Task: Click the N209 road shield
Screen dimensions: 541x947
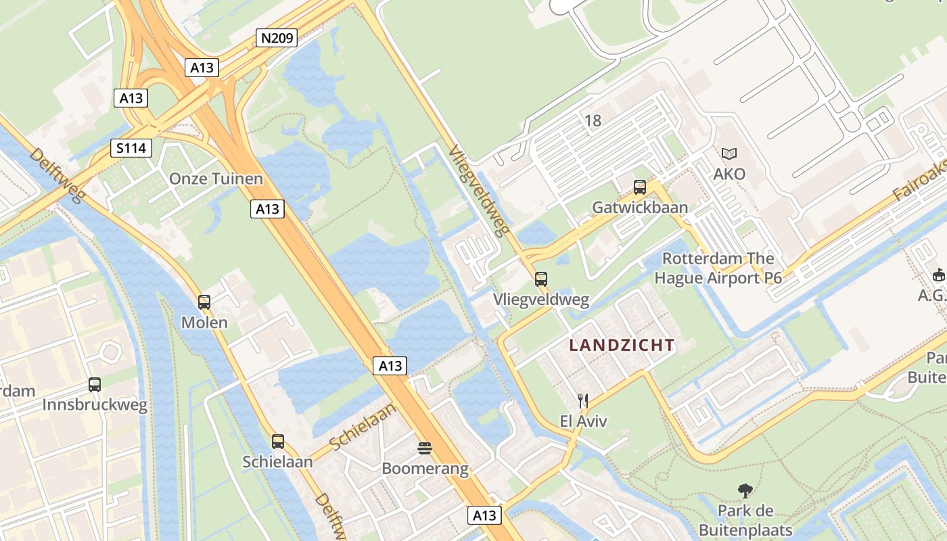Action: point(277,38)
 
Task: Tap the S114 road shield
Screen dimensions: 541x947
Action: point(131,148)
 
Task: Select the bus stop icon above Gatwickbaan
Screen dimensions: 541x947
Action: point(640,187)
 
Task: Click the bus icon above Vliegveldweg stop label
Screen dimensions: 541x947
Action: point(540,279)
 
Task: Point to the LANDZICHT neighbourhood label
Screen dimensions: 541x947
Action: point(622,346)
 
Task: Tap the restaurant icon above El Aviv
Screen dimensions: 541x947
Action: point(583,401)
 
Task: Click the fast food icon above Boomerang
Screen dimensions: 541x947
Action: point(425,448)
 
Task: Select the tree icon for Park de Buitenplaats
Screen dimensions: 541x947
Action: point(745,490)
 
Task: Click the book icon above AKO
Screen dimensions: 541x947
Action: point(729,154)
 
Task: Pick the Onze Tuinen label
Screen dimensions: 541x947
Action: point(216,179)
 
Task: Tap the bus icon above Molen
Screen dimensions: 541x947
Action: point(204,302)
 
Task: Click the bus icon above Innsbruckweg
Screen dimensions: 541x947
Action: point(95,385)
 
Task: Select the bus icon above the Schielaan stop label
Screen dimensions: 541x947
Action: point(278,442)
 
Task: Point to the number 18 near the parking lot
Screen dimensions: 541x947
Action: point(593,121)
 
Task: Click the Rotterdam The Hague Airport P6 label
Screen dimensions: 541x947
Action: point(718,268)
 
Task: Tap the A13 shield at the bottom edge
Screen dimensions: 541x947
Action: point(484,515)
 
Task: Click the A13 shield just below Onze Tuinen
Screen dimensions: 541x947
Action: point(267,209)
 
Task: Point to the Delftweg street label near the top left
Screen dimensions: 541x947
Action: point(57,175)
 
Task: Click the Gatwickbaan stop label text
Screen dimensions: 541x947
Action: point(640,208)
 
